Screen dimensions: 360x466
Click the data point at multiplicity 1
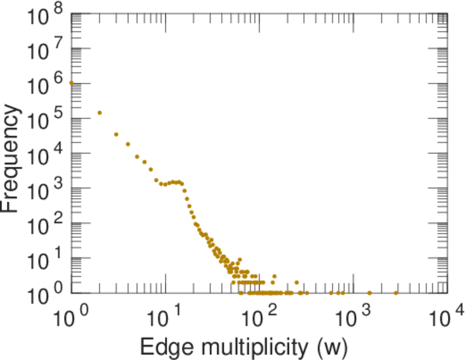pyautogui.click(x=71, y=83)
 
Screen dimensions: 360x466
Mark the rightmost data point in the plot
pyautogui.click(x=396, y=293)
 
